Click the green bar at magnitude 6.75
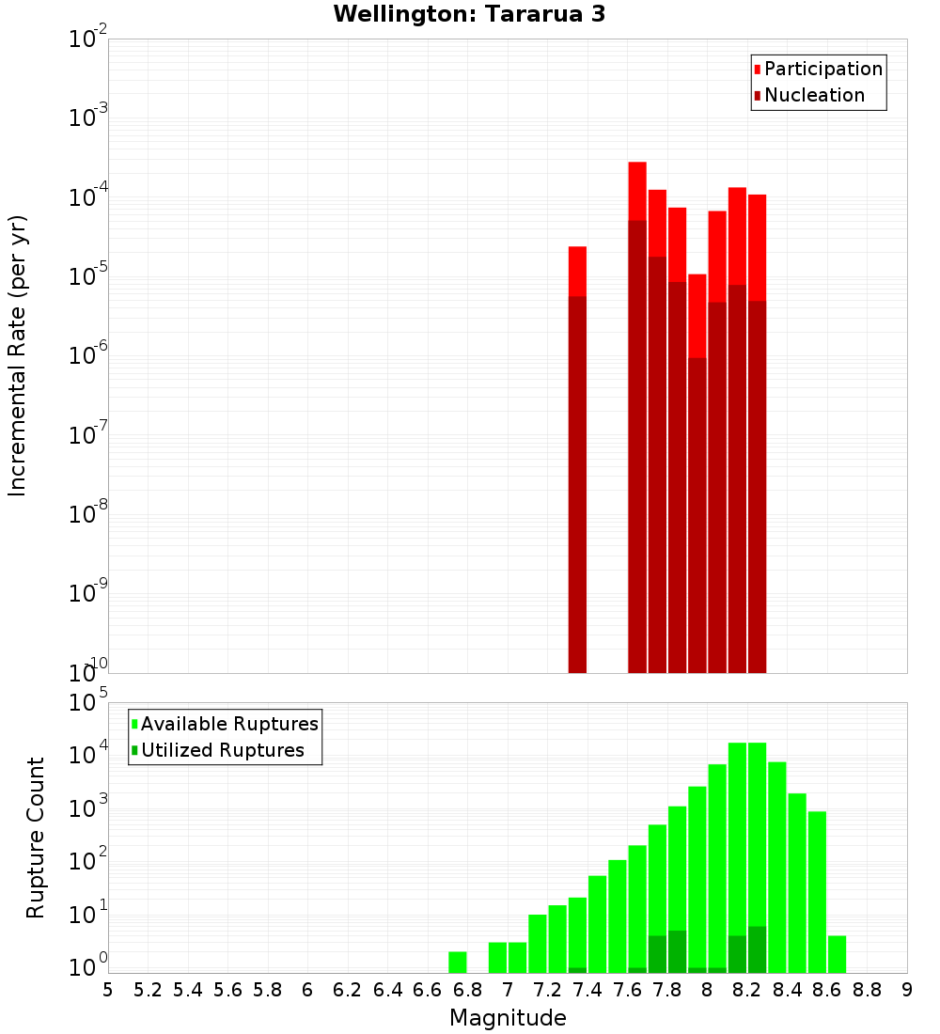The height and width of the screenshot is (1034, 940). (458, 962)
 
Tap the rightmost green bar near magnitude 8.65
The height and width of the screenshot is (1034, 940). (837, 954)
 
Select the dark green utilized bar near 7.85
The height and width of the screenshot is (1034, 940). (677, 951)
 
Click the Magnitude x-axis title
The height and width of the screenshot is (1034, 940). (508, 1018)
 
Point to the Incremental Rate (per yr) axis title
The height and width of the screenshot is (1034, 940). (18, 355)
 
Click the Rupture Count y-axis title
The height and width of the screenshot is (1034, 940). (35, 837)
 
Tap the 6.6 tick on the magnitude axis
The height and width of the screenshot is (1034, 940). (428, 990)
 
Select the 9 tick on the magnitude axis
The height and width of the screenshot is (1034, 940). (907, 990)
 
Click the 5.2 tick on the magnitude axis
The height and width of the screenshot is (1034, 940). (148, 990)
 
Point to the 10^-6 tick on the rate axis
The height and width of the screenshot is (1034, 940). (86, 356)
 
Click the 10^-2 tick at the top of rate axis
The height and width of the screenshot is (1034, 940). (86, 39)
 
